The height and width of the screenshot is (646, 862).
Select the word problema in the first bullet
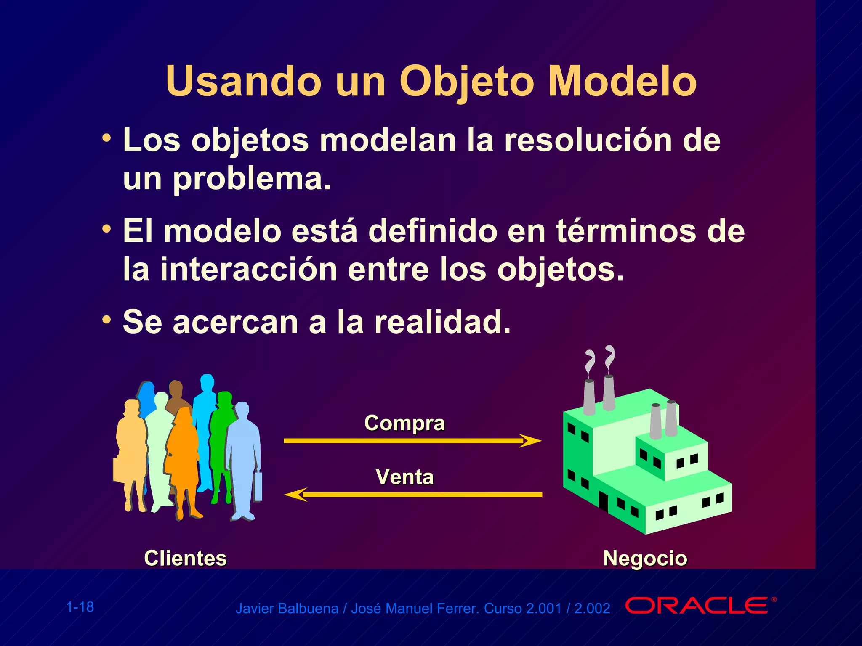click(252, 179)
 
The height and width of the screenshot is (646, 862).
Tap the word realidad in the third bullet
click(442, 322)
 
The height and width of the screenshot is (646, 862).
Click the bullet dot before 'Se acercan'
click(107, 320)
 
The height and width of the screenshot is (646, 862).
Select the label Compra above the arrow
click(404, 423)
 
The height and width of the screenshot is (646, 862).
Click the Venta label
click(404, 477)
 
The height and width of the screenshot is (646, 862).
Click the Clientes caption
click(185, 559)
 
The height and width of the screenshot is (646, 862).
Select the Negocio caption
click(645, 559)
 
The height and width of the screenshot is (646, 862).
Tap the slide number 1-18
click(80, 607)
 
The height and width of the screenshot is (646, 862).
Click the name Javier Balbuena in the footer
click(287, 609)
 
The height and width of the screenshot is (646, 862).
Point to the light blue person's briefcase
click(258, 487)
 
